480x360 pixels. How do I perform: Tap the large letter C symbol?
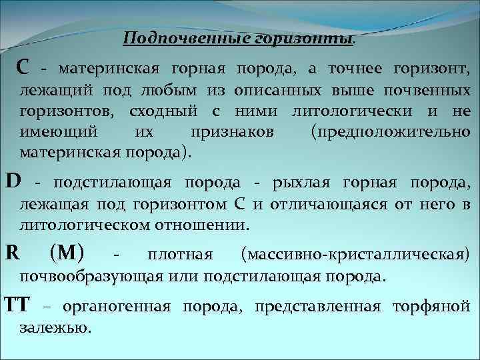tap(23, 67)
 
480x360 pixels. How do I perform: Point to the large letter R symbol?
tap(11, 253)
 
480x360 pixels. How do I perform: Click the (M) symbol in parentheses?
tap(67, 253)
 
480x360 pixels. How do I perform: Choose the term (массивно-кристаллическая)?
tap(355, 254)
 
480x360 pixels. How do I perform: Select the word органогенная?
tap(117, 307)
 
